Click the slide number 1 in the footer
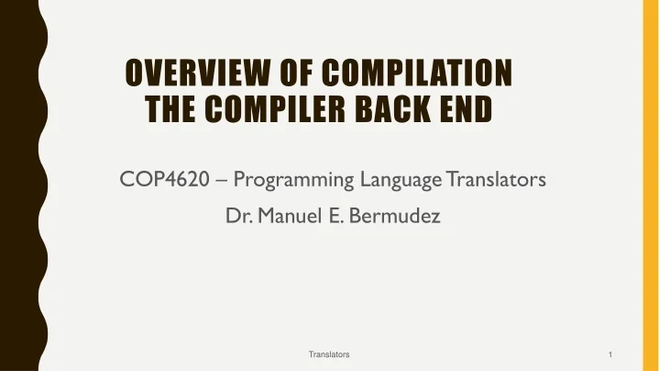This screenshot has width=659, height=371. pos(610,354)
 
